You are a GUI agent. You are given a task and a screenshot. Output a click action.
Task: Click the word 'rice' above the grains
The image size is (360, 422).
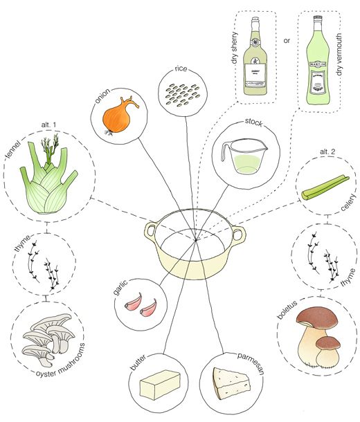tap(182, 69)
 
